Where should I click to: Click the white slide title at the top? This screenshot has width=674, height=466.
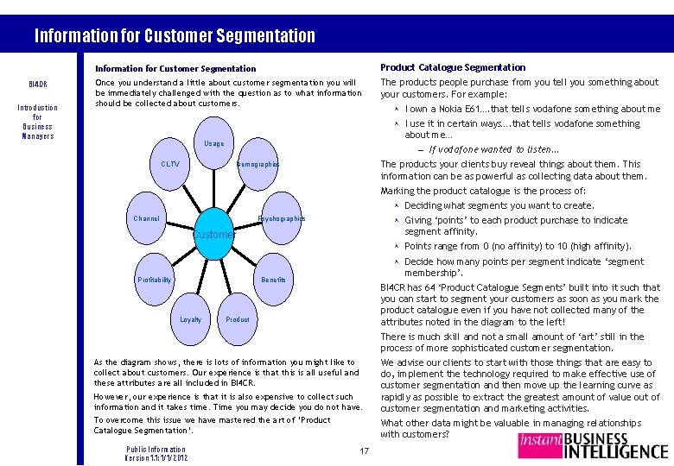coord(175,35)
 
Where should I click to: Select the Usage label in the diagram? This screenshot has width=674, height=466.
coord(214,143)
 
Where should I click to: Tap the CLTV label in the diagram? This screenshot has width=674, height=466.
coord(170,164)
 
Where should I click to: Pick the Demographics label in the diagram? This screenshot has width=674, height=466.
coord(258,164)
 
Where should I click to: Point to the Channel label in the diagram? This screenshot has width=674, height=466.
coord(147,218)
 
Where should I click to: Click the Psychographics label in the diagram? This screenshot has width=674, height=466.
coord(282,218)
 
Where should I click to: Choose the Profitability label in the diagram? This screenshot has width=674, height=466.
coord(155,280)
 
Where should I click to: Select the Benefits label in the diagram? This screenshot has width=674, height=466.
coord(273,280)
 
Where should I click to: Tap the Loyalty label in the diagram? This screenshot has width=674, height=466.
coord(190,319)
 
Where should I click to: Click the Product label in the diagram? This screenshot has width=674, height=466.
coord(237,319)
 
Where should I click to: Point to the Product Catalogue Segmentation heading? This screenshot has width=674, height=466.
coord(453,67)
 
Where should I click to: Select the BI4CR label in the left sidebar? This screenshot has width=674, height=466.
coord(38,85)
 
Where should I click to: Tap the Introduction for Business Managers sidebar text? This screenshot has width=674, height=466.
coord(38,122)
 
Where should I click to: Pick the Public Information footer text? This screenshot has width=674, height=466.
coord(156,450)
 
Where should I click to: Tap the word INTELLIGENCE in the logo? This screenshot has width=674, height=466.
coord(615,450)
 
